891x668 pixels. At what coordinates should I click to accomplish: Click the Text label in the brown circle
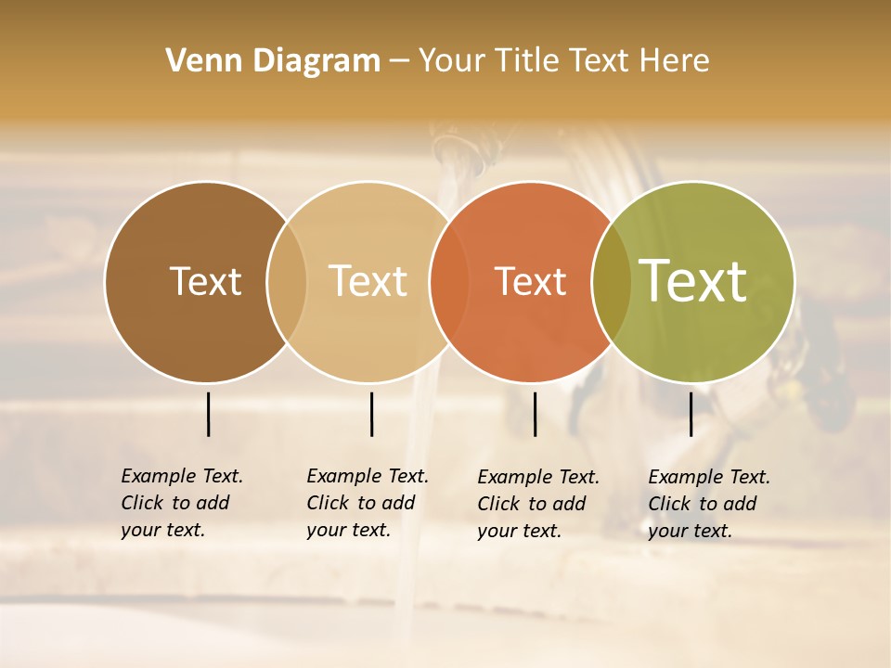click(x=205, y=281)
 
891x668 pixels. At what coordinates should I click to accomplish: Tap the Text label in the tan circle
click(x=368, y=281)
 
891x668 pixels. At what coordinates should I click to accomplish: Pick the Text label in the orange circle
click(x=530, y=281)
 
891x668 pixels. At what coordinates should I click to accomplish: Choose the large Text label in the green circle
click(x=693, y=281)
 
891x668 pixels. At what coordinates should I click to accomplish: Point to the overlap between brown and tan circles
click(x=287, y=281)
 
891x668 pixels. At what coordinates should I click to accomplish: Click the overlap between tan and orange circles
click(x=449, y=281)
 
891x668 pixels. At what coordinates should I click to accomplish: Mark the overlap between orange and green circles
click(x=612, y=281)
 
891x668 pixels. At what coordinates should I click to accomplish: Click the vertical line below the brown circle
click(x=208, y=414)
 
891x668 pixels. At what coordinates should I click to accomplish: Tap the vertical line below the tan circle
click(x=371, y=414)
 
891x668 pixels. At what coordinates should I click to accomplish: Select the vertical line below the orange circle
click(x=535, y=414)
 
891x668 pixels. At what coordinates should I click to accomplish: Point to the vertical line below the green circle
click(x=691, y=414)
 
